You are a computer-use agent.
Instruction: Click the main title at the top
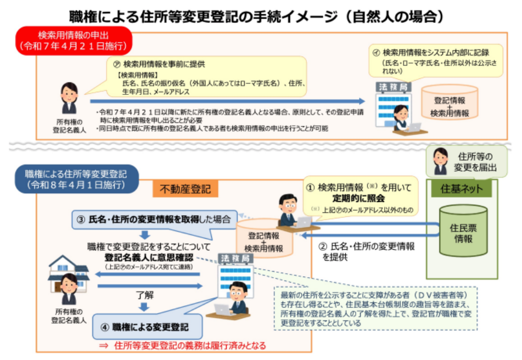tap(260, 15)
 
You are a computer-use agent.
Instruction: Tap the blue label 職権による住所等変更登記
tap(76, 179)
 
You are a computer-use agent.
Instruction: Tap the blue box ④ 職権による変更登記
tap(148, 327)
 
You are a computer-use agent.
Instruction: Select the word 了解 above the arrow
tap(145, 295)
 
